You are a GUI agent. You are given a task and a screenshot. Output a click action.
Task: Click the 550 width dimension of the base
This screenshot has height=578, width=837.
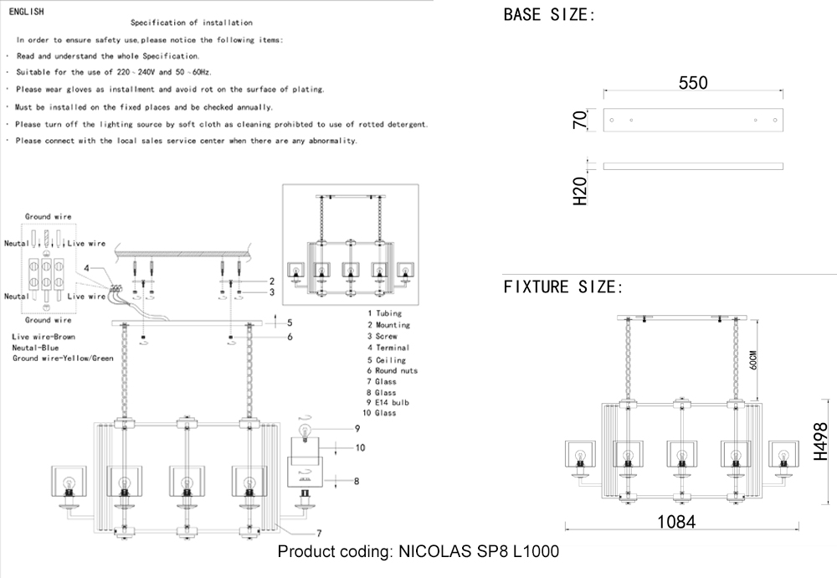coord(693,83)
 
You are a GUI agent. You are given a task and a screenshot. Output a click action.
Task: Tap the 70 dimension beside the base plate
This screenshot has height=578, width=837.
coord(578,118)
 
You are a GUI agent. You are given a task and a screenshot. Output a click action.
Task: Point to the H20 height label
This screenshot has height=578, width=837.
coord(578,191)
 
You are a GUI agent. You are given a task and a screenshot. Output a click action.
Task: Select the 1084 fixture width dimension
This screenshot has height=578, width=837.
coord(676,521)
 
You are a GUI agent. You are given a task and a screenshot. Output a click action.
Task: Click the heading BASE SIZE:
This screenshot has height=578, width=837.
coord(549,15)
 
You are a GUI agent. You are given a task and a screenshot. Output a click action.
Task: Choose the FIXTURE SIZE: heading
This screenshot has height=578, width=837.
coord(563,287)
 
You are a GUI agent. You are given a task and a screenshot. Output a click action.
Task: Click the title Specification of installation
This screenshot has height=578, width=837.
coord(192,23)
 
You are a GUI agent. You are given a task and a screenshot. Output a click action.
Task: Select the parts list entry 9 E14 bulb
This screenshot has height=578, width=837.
coord(388,403)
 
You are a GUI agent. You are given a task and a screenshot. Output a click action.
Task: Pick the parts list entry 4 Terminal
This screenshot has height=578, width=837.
coord(388,347)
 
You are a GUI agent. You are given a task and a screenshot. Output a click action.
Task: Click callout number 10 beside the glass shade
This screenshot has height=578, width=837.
coord(360,448)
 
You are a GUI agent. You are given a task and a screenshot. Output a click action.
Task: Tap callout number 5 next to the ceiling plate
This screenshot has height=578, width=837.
coord(290,323)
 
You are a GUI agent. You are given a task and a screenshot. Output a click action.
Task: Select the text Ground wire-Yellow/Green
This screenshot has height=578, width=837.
coord(63,358)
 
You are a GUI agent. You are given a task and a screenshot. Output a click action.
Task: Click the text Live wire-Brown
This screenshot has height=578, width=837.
coord(44,336)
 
